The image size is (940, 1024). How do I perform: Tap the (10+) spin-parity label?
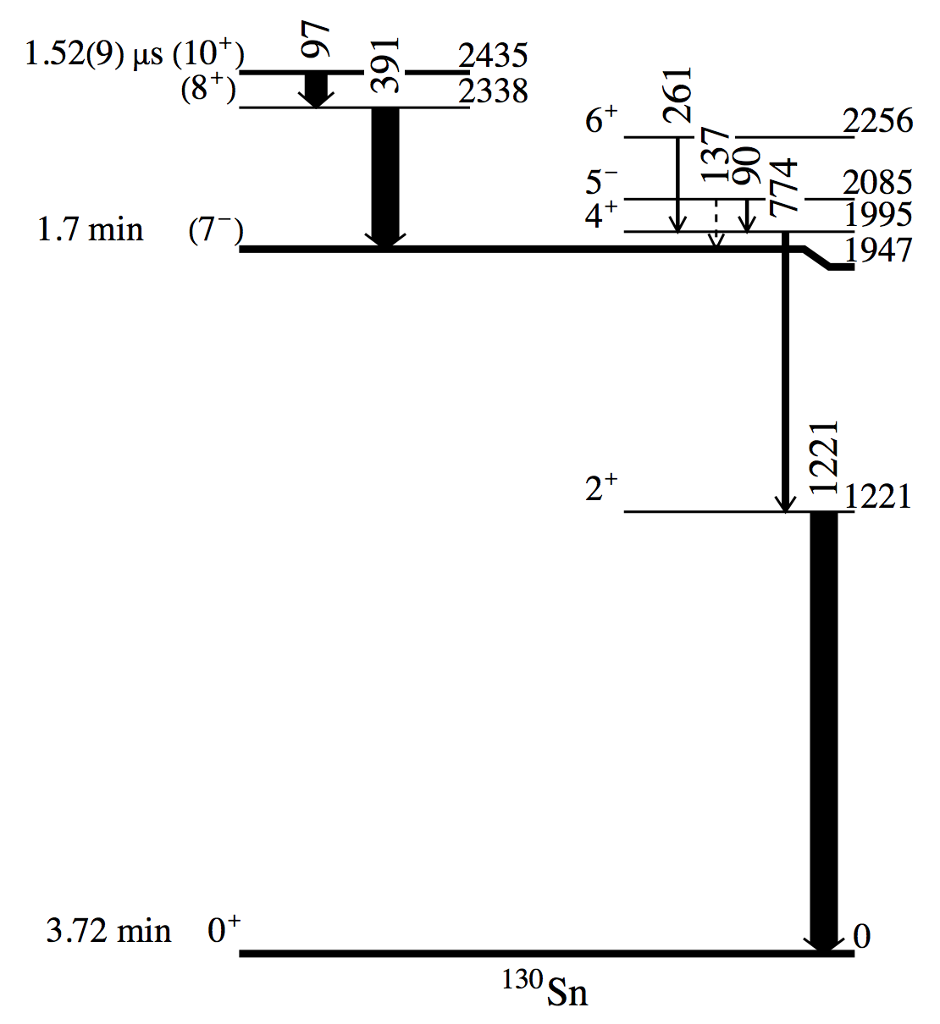[x=208, y=53]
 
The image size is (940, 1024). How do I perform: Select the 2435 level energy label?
[x=493, y=55]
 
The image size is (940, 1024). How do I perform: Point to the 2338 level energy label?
[x=493, y=91]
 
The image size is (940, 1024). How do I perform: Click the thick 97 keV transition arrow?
[x=316, y=91]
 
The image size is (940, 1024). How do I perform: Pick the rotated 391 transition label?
[x=384, y=65]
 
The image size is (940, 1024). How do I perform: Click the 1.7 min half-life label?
[x=90, y=229]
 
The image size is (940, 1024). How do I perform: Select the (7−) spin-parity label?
[x=216, y=231]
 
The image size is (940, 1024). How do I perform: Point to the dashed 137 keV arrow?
[x=716, y=224]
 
